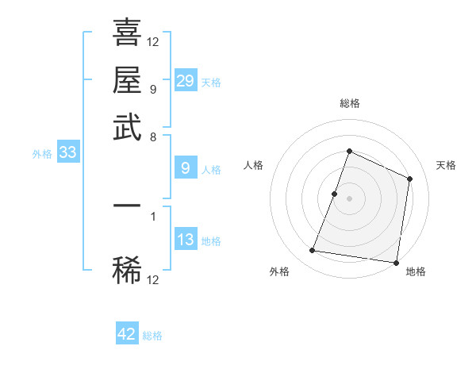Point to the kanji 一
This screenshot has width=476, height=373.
(x=127, y=205)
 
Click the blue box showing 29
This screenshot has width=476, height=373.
(x=186, y=81)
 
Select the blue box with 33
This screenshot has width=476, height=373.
(x=67, y=153)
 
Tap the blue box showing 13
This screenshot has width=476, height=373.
(x=186, y=240)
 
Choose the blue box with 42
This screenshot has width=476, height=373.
(x=127, y=334)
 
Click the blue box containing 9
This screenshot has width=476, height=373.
(x=186, y=168)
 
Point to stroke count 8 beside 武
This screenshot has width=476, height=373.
(x=153, y=137)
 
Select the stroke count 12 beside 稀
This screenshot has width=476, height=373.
(x=153, y=279)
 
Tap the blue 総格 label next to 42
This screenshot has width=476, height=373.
(x=152, y=336)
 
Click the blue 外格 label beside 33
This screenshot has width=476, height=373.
(x=42, y=155)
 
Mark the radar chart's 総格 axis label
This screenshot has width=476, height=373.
(x=349, y=103)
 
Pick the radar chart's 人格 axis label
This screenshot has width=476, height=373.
(x=254, y=165)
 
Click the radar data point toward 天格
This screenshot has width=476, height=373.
(x=410, y=179)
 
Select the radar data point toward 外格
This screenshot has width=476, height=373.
(x=313, y=251)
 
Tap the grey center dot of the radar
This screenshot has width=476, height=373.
(x=349, y=198)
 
